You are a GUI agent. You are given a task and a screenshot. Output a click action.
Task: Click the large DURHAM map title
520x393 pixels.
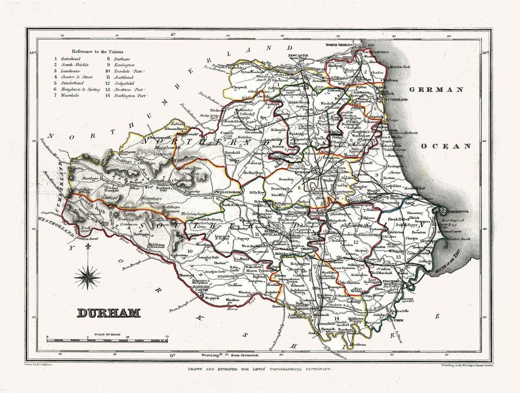pyautogui.click(x=108, y=313)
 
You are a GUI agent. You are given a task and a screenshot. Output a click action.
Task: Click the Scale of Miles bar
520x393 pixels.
pyautogui.click(x=107, y=340)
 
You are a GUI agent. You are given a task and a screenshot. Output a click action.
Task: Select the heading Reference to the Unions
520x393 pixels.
pyautogui.click(x=97, y=51)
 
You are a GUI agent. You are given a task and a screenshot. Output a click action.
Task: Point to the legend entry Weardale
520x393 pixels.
pyautogui.click(x=70, y=96)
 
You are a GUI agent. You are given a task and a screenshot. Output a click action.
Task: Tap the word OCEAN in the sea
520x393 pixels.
pyautogui.click(x=445, y=146)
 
